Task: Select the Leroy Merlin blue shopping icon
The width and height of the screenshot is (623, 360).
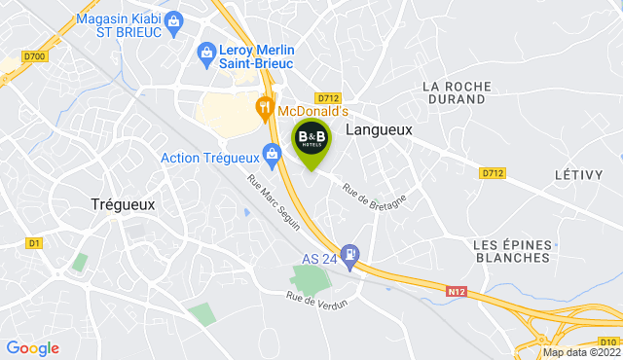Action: [205, 52]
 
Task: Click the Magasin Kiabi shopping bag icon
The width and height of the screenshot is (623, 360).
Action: [174, 19]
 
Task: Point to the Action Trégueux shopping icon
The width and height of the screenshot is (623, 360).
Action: [273, 153]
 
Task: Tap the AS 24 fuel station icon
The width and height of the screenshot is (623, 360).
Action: [351, 254]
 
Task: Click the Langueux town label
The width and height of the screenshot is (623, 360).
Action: [379, 128]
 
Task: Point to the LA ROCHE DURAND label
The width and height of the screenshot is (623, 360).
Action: [455, 92]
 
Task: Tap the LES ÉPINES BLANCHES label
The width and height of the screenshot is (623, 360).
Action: [511, 250]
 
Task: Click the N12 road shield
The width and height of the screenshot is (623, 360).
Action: [458, 290]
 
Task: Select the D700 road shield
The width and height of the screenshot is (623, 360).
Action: [35, 57]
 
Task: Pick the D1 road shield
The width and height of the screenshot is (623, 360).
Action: [35, 242]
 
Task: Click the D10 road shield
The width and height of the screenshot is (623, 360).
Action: [608, 341]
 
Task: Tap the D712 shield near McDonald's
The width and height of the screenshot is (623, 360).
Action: [327, 97]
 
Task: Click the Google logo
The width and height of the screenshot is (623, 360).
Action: [32, 347]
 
